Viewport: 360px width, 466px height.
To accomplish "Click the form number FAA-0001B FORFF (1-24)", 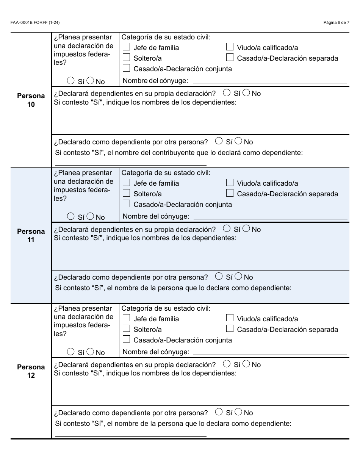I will point(35,22).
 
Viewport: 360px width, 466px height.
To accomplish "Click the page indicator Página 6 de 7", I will point(336,22).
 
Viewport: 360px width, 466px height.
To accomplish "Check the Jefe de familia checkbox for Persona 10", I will point(127,47).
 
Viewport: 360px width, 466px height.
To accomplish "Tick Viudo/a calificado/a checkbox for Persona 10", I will point(230,47).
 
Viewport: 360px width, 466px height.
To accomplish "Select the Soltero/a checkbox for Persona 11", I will point(127,193).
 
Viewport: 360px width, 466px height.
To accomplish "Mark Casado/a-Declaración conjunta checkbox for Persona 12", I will point(127,339).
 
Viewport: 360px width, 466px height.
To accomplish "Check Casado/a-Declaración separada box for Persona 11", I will point(230,193).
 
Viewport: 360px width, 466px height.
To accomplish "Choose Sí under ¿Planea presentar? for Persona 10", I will point(70,81).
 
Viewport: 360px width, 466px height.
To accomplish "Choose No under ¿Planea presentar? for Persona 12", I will point(90,352).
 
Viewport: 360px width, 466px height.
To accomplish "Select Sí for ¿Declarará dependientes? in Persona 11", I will point(227,228).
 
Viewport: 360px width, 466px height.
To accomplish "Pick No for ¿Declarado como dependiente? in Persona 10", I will point(238,141).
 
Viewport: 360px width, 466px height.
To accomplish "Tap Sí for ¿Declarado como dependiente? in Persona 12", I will point(219,412).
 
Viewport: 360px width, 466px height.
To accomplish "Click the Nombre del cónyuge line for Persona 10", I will point(270,82).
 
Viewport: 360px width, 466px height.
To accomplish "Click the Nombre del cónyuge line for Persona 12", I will point(270,353).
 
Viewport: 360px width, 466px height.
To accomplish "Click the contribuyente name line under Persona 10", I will point(131,164).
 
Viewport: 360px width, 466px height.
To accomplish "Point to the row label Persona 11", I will point(31,235).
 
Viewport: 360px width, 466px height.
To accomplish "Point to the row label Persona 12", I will point(31,371).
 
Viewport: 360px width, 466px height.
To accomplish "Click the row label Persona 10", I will point(31,100).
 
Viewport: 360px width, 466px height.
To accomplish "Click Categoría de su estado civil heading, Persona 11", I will point(166,173).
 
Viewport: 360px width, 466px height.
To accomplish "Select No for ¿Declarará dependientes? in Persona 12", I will point(246,364).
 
